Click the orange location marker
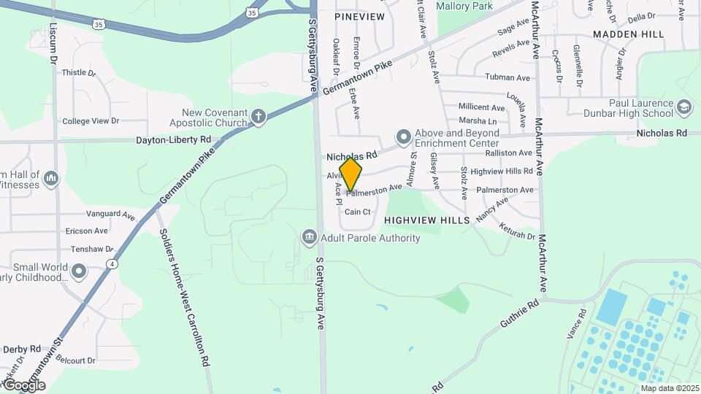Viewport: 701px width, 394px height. click(x=350, y=175)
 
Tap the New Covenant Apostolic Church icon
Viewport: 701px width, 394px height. click(x=258, y=116)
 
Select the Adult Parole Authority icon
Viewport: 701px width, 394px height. click(x=309, y=237)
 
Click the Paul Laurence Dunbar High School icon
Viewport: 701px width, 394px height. click(x=684, y=107)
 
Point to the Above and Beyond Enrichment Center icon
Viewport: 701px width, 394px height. click(x=403, y=137)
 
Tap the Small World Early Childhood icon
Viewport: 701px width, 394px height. click(x=79, y=271)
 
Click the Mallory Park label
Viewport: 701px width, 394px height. click(x=464, y=6)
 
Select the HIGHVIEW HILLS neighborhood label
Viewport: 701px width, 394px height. click(x=427, y=220)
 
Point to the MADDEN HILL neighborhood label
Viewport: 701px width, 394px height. click(x=628, y=34)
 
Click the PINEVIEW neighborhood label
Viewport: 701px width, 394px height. click(x=359, y=16)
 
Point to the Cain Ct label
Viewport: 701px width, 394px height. click(x=358, y=212)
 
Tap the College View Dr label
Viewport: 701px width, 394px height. click(x=91, y=121)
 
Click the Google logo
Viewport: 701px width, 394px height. click(x=24, y=385)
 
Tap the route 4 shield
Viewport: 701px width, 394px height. click(x=112, y=263)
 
